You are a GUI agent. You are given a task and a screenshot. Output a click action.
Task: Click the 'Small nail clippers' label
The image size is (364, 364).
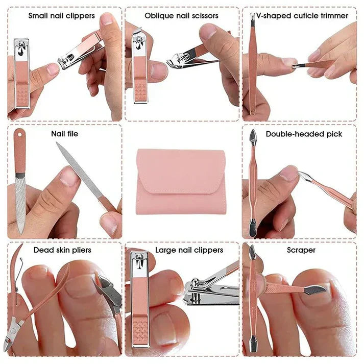tap(61, 15)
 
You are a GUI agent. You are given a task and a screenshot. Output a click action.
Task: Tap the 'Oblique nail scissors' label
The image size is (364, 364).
tap(181, 15)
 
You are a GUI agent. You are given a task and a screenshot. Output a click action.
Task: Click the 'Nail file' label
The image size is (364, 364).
tap(65, 134)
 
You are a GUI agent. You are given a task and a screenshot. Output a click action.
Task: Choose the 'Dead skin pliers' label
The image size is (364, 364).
tap(62, 250)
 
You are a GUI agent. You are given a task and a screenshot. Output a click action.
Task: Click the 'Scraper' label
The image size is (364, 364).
tap(301, 250)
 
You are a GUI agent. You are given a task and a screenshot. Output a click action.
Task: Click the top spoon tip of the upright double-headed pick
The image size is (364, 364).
tap(253, 136)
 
